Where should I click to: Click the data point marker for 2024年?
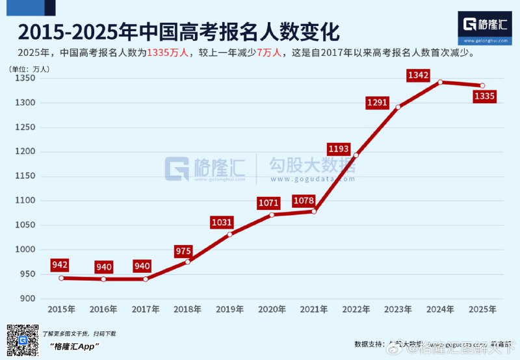click(440, 82)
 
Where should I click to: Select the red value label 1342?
click(418, 76)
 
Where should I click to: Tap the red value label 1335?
click(485, 97)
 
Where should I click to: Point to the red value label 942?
click(60, 264)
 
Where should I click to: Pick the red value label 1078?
click(304, 200)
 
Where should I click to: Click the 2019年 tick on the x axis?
click(230, 309)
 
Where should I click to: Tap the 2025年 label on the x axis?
click(482, 309)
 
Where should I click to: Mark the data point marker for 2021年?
click(314, 211)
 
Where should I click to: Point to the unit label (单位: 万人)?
click(29, 68)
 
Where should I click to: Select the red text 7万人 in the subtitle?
click(270, 53)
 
